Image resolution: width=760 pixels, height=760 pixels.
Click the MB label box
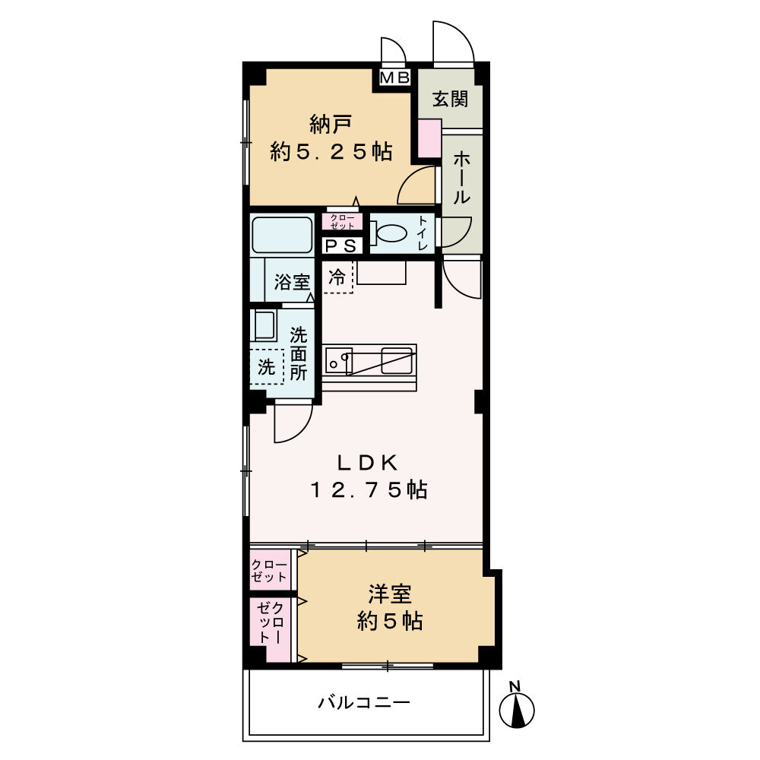[394, 77]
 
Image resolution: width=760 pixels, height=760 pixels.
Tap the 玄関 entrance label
[450, 99]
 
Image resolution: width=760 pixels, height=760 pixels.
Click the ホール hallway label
[461, 177]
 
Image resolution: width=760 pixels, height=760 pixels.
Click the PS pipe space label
[340, 245]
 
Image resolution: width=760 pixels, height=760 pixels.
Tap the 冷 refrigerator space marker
[337, 277]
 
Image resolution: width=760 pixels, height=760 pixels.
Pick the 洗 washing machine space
[266, 367]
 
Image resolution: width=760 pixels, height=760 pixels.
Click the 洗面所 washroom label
[299, 353]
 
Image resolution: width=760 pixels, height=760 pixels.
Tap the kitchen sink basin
[338, 359]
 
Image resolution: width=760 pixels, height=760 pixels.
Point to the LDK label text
[368, 462]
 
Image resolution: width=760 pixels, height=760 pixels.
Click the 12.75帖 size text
[368, 490]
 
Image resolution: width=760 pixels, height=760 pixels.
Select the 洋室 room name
[390, 594]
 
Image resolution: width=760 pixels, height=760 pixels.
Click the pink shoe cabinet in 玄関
[429, 139]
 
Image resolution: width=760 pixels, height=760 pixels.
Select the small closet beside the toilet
[342, 221]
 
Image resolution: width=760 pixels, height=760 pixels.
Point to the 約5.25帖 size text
[331, 152]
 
